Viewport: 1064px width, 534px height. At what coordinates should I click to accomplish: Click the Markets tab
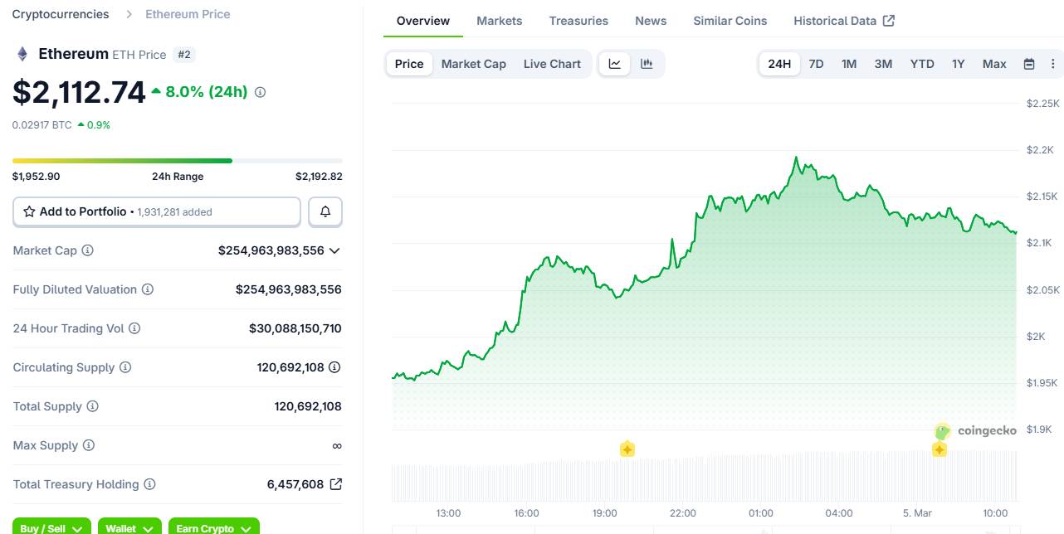click(x=499, y=21)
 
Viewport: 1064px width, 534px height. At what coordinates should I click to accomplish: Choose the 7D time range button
click(x=816, y=64)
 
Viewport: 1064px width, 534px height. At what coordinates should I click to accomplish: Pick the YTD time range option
click(x=921, y=64)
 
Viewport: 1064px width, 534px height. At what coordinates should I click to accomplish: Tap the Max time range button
click(x=993, y=64)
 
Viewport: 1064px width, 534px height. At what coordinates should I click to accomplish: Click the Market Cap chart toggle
click(x=473, y=64)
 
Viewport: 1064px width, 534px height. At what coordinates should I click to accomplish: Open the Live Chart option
click(x=552, y=64)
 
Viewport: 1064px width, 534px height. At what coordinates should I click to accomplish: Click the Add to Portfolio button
click(x=157, y=211)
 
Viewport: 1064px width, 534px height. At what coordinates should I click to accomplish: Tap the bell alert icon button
click(x=325, y=211)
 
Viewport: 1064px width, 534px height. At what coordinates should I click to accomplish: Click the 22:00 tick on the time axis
click(x=682, y=513)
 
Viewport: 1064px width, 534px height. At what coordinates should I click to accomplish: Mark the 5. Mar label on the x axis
click(x=917, y=513)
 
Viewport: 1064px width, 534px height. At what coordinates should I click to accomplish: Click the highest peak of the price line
click(x=796, y=157)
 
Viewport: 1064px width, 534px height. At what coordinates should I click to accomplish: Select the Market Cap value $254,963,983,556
click(x=271, y=250)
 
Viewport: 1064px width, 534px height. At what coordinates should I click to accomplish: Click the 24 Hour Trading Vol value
click(x=295, y=328)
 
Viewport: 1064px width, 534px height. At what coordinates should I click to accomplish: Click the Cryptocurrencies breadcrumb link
click(x=61, y=14)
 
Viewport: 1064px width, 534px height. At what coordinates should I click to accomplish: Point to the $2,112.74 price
click(x=79, y=92)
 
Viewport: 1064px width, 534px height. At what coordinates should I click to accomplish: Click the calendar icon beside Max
click(x=1029, y=64)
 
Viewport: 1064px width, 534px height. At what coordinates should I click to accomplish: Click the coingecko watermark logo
click(x=975, y=431)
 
